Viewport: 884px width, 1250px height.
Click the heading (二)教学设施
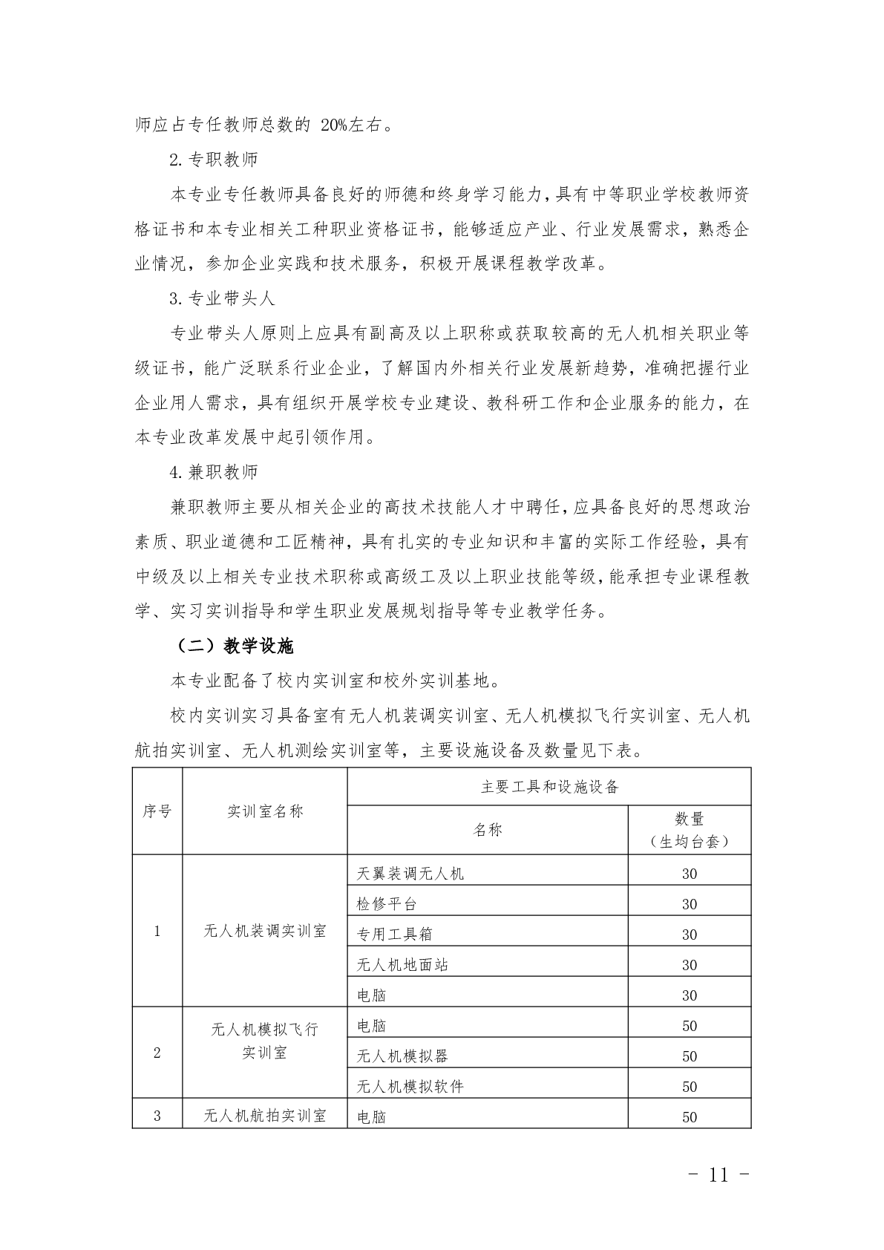tap(235, 647)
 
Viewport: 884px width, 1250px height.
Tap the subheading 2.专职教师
tap(214, 159)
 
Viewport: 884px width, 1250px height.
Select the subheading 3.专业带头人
tap(222, 298)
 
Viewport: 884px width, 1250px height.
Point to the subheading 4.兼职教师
tap(214, 472)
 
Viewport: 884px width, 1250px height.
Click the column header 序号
tap(157, 811)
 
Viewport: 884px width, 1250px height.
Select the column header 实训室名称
tap(265, 811)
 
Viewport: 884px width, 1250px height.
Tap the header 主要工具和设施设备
tap(549, 787)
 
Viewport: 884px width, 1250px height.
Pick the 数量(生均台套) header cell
tap(689, 830)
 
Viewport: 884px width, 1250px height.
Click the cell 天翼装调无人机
tap(410, 874)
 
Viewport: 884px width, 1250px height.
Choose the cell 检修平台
tap(387, 904)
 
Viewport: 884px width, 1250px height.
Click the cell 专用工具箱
tap(394, 935)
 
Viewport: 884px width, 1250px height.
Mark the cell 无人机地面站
tap(402, 965)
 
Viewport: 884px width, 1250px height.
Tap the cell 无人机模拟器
tap(402, 1056)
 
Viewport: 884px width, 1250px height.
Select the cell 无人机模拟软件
tap(410, 1086)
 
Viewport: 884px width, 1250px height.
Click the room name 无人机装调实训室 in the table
tap(265, 931)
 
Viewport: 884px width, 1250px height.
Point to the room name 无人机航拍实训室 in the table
tap(265, 1116)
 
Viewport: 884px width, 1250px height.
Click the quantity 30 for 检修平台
tap(689, 904)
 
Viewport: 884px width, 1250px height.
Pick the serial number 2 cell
tap(157, 1053)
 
